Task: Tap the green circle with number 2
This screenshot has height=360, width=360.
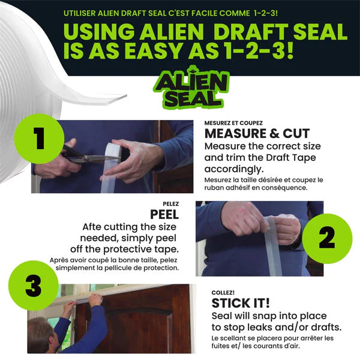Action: [x=326, y=238]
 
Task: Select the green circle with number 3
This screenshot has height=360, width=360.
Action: [x=34, y=288]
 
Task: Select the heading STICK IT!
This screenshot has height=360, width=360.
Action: [x=241, y=303]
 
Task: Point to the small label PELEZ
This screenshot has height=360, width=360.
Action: [x=171, y=203]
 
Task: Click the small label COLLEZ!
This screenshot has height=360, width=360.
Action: [x=222, y=293]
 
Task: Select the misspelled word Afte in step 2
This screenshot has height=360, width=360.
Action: [x=94, y=227]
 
